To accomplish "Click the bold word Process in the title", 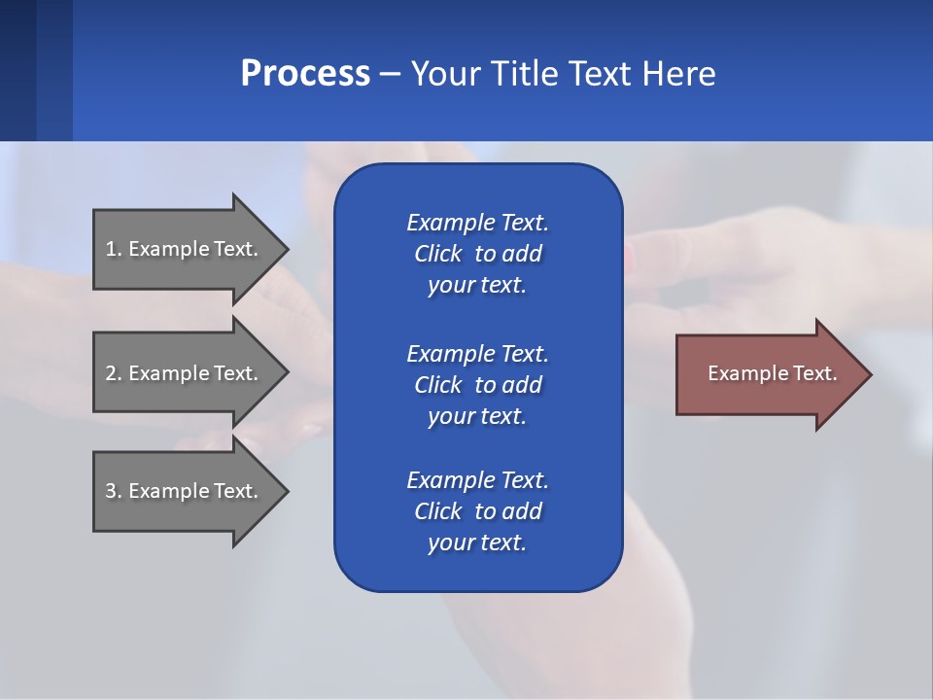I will (305, 74).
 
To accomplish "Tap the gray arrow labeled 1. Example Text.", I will (185, 249).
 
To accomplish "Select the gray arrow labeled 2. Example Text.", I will (185, 373).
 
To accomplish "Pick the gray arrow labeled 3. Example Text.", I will (185, 491).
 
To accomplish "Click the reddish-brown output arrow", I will (768, 373).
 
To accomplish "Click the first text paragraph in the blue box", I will (477, 254).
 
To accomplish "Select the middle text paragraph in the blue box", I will (477, 384).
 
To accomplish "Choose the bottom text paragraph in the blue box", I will (477, 511).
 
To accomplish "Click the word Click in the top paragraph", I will (438, 254).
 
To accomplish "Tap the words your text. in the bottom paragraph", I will (477, 542).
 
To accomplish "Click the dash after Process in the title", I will (390, 74).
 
